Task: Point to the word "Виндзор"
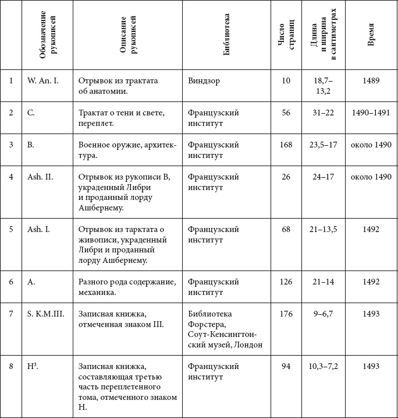pyautogui.click(x=204, y=80)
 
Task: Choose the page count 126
pyautogui.click(x=286, y=282)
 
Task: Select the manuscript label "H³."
pyautogui.click(x=33, y=366)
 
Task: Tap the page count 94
pyautogui.click(x=286, y=366)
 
